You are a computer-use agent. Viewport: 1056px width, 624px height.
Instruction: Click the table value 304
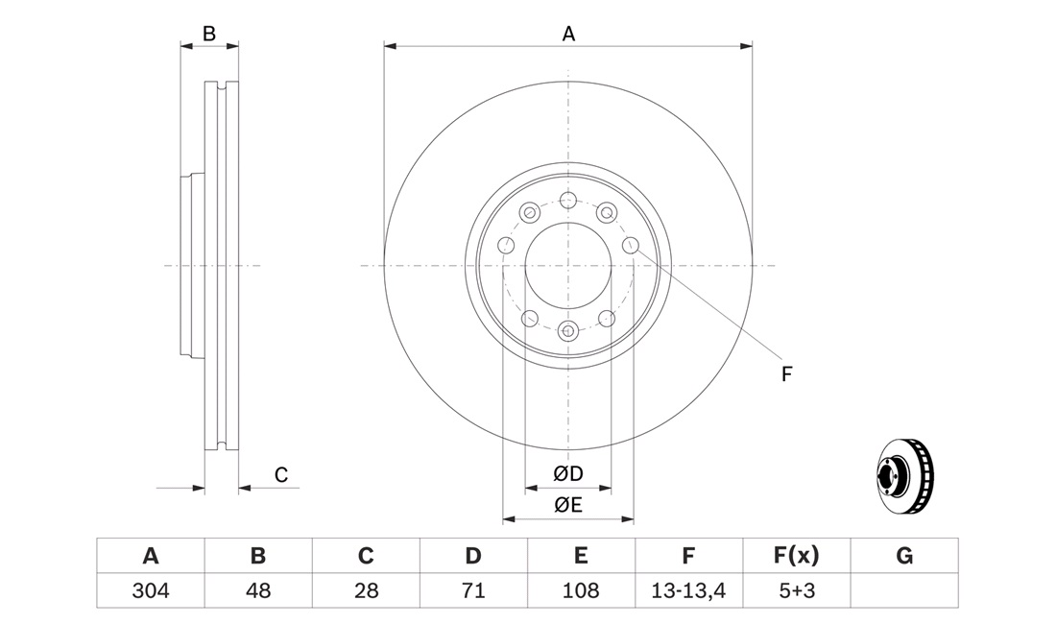pos(151,590)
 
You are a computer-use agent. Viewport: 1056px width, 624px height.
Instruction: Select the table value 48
pos(258,590)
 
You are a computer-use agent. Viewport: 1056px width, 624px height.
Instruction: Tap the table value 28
pos(366,590)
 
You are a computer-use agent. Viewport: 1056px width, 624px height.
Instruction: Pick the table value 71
pos(473,590)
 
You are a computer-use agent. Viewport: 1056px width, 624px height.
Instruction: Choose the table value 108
pos(581,590)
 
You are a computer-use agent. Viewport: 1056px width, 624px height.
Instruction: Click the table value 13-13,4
pos(688,590)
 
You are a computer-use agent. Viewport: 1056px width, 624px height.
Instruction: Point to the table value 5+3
pos(797,590)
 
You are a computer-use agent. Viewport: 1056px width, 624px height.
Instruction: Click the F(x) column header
pos(796,555)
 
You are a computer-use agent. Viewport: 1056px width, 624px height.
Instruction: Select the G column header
pos(904,555)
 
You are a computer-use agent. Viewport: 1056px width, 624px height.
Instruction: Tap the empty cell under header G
pos(904,590)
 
